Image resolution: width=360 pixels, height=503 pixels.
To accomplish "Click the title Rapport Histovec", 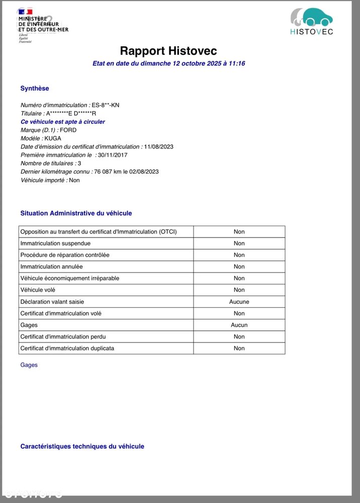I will coord(168,51).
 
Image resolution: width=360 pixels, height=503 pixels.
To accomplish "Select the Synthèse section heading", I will coord(35,89).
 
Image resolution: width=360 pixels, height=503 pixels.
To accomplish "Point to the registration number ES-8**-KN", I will coord(106,105).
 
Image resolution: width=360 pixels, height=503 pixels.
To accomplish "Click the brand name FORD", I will coord(68,130).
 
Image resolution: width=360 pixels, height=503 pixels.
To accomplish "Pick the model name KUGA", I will coord(53,138).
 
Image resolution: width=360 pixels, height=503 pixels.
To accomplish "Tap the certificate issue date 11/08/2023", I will coord(158,147).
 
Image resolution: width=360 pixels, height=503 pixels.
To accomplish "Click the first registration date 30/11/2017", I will coord(113,155).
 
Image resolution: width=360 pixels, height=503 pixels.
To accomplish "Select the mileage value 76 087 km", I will coord(108,172).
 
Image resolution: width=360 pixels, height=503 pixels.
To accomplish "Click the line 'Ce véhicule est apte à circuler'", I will coord(63,122).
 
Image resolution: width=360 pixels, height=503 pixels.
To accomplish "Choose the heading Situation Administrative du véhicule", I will coord(76,213).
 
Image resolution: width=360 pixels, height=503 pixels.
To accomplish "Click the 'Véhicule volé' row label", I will coord(38,290).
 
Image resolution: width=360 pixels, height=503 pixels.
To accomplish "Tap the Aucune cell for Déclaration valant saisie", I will coord(239,302).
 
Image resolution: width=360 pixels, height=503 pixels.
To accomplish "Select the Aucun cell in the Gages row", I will coord(239,325).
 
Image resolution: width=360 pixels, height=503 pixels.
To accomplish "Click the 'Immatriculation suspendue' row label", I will coord(55,243).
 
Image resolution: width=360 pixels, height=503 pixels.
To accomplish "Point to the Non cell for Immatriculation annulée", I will coord(239,267).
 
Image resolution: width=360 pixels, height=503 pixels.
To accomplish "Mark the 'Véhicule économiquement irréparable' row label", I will coord(70,278).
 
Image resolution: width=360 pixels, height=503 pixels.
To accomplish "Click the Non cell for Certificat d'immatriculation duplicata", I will coord(239,348).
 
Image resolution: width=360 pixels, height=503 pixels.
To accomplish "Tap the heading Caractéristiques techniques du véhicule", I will coord(82,447).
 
